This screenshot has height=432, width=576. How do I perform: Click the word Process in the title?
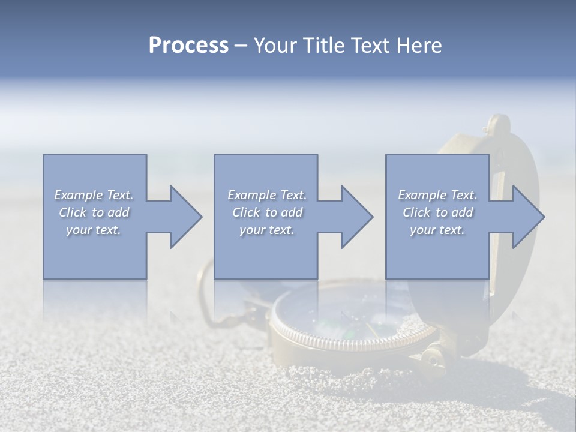pyautogui.click(x=188, y=46)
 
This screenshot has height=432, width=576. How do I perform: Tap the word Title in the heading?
pyautogui.click(x=323, y=46)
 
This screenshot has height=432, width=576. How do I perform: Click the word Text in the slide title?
pyautogui.click(x=369, y=46)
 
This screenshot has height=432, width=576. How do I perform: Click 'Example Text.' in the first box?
pyautogui.click(x=94, y=195)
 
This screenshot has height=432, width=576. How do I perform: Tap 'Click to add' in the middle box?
pyautogui.click(x=267, y=212)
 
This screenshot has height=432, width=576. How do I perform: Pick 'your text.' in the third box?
pyautogui.click(x=437, y=230)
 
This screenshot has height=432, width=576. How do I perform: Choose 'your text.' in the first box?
pyautogui.click(x=94, y=230)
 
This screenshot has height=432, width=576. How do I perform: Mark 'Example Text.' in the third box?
pyautogui.click(x=437, y=195)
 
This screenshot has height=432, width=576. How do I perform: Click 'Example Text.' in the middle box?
pyautogui.click(x=267, y=195)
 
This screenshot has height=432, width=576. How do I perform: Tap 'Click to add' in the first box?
pyautogui.click(x=94, y=212)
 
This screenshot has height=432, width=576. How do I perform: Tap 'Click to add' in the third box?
pyautogui.click(x=437, y=212)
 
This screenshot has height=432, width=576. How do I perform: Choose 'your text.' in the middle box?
pyautogui.click(x=267, y=230)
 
